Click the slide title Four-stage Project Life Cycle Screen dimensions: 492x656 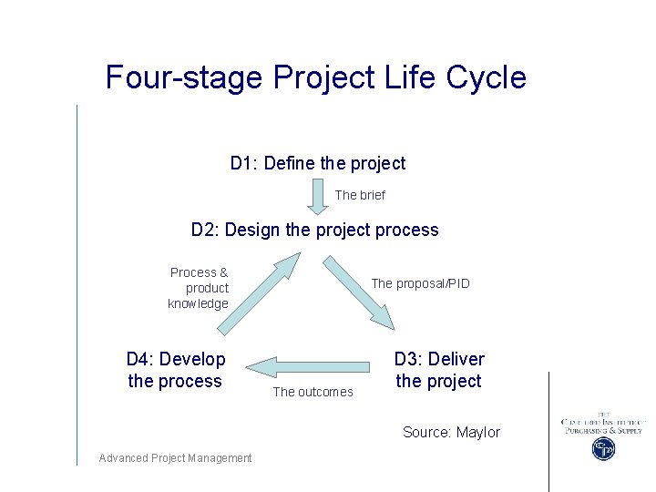coord(315,77)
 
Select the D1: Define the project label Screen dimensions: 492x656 coord(317,163)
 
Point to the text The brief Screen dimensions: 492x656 coord(360,195)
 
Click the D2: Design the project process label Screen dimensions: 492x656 coord(314,230)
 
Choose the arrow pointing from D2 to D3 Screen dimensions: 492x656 coord(361,292)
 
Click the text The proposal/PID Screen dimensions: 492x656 coord(420,283)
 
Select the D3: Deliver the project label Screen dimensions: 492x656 coord(438,370)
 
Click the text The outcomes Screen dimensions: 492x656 coord(313,392)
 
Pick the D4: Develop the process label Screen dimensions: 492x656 coord(175,370)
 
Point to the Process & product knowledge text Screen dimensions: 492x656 coord(198,288)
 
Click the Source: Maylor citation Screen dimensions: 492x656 coord(451,432)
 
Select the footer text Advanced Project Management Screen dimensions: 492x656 coord(175,457)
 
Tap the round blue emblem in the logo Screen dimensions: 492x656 coord(603,448)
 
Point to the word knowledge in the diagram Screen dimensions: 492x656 coord(198,303)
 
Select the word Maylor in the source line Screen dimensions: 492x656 coord(477,432)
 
